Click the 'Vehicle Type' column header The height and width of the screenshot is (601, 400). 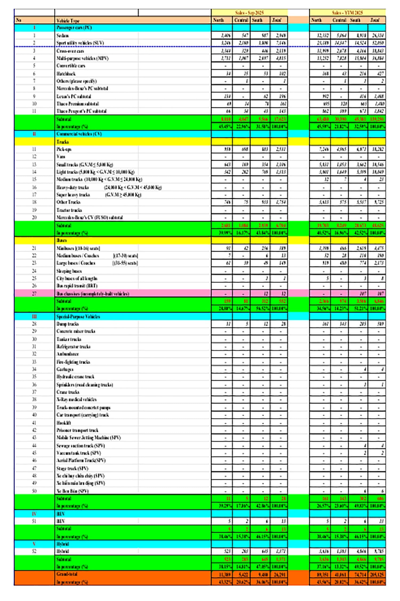click(68, 21)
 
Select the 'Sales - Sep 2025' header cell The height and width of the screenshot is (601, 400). click(249, 13)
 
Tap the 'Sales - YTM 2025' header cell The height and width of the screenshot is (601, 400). click(347, 13)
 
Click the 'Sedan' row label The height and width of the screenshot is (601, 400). click(63, 35)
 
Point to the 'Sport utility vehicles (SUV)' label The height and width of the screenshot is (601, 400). click(80, 43)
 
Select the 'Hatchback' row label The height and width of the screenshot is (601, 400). click(66, 73)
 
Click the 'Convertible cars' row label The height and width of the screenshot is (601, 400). click(71, 66)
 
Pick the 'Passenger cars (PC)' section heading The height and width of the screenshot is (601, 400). click(74, 28)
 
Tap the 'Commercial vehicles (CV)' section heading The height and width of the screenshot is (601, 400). click(79, 134)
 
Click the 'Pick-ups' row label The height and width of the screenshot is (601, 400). click(64, 149)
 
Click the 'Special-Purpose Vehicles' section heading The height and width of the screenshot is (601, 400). click(78, 317)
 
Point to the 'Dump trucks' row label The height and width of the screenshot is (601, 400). click(67, 324)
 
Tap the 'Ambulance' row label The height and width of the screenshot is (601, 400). click(67, 354)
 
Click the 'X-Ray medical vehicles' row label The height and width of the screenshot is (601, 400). click(77, 400)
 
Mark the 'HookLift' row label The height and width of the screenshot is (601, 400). click(64, 423)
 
